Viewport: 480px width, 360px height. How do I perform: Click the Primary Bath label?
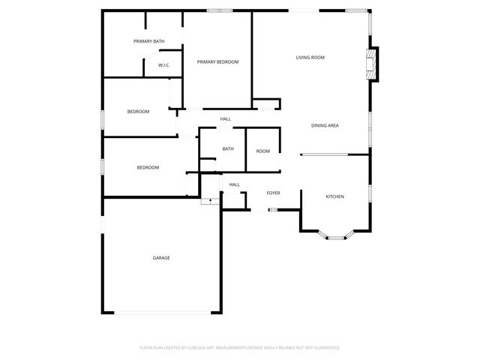(x=148, y=41)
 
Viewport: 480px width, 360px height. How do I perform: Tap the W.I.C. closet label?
(x=164, y=65)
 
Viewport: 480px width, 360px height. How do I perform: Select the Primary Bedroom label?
(x=217, y=61)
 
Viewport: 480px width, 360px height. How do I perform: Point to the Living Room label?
(x=310, y=57)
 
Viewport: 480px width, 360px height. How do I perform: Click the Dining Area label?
(x=325, y=125)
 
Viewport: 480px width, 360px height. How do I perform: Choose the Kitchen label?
(x=334, y=196)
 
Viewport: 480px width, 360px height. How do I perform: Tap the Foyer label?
(x=274, y=193)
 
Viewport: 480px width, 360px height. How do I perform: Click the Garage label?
(x=161, y=258)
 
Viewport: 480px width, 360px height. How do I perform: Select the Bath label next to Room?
(x=228, y=148)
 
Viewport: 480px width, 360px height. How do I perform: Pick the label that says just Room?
(x=262, y=151)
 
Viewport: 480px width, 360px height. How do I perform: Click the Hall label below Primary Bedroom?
(x=225, y=118)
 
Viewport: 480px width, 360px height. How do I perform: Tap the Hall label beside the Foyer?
(x=234, y=184)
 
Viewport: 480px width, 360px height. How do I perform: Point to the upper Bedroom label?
(x=138, y=112)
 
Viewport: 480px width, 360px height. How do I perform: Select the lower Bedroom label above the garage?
(x=148, y=167)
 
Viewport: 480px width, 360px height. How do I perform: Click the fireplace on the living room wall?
(x=371, y=64)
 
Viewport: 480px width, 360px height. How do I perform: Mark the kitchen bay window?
(x=335, y=237)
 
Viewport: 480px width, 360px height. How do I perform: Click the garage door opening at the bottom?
(x=161, y=313)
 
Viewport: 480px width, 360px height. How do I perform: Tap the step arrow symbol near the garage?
(x=211, y=200)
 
